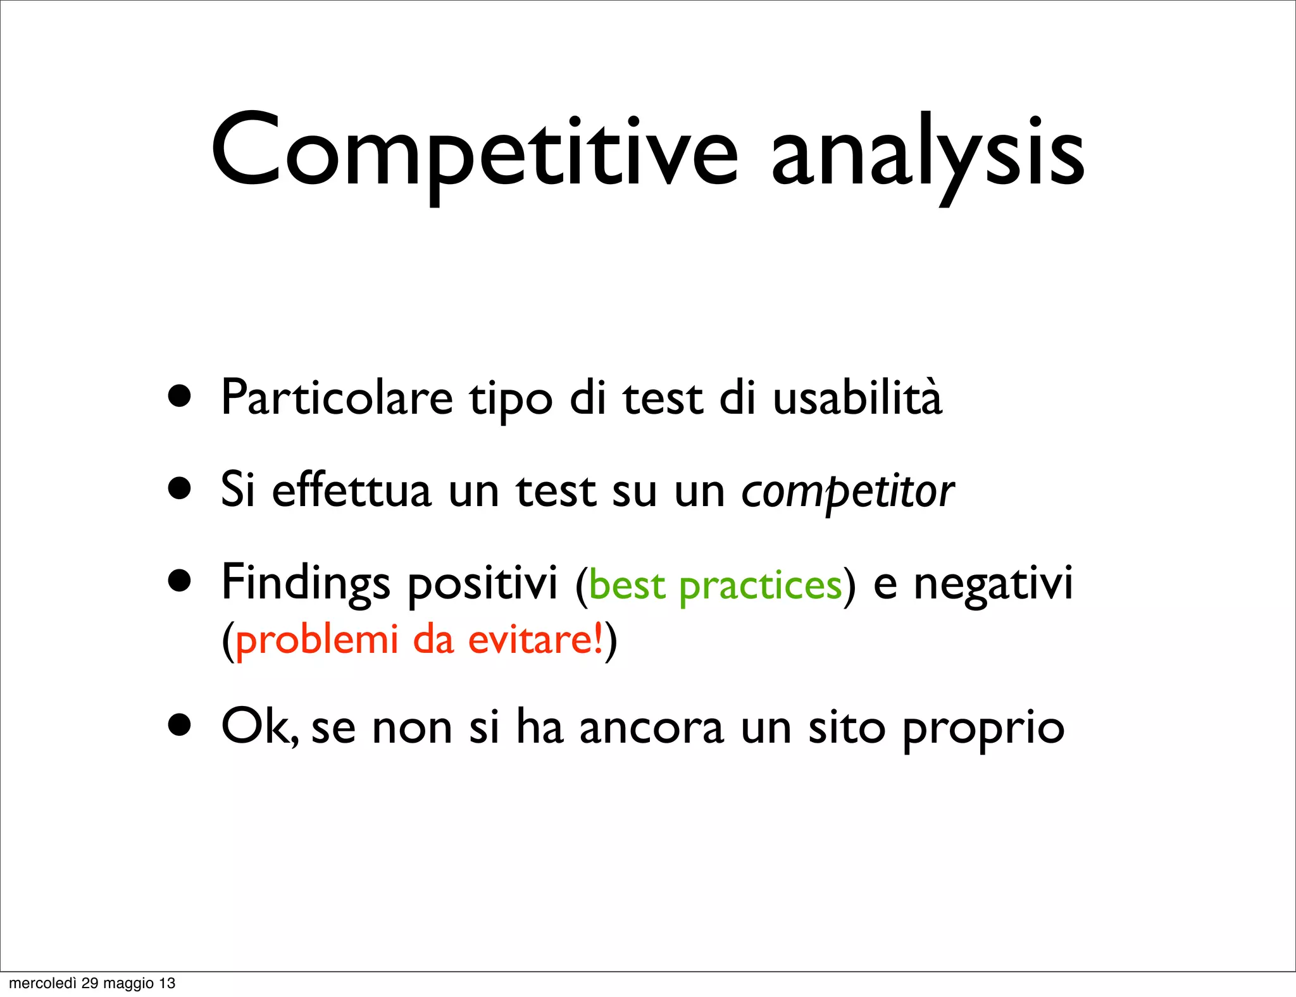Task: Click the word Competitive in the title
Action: (475, 152)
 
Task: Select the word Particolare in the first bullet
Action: (337, 399)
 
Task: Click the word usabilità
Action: (857, 399)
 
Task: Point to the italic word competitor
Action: (847, 492)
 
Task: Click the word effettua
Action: (351, 491)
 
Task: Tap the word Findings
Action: (306, 583)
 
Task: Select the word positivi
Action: (482, 583)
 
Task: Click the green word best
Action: (627, 585)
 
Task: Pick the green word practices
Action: (760, 586)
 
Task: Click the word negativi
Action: (993, 583)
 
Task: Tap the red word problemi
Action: (317, 640)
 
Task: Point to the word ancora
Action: (651, 728)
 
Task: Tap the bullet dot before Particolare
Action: (180, 397)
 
